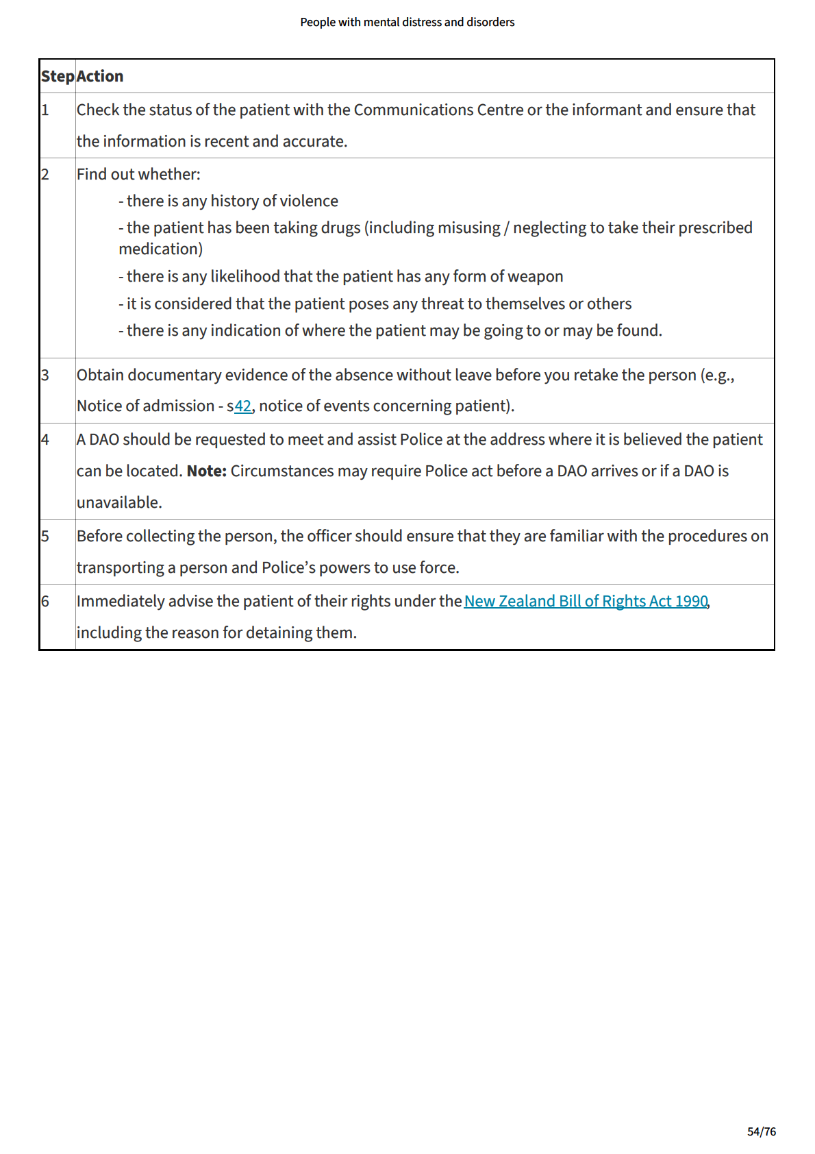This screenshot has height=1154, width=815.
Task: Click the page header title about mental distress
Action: click(x=407, y=22)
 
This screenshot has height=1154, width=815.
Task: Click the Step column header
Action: click(x=58, y=76)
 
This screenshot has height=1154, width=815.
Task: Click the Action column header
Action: click(x=100, y=76)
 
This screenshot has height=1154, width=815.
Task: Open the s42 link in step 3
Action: click(x=242, y=406)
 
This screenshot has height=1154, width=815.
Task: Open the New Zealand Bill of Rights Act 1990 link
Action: click(x=586, y=602)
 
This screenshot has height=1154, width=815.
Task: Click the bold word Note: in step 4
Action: click(x=206, y=471)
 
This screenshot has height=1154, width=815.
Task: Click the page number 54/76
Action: click(x=762, y=1131)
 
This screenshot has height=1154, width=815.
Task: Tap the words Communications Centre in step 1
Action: click(x=438, y=110)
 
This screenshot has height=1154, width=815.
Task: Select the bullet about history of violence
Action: click(x=229, y=201)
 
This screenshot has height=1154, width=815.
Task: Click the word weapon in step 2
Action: click(x=536, y=277)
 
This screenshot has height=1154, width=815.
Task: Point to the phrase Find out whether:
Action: click(x=138, y=175)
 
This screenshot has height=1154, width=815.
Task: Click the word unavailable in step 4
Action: click(x=118, y=503)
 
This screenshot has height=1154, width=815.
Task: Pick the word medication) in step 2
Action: click(x=160, y=249)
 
